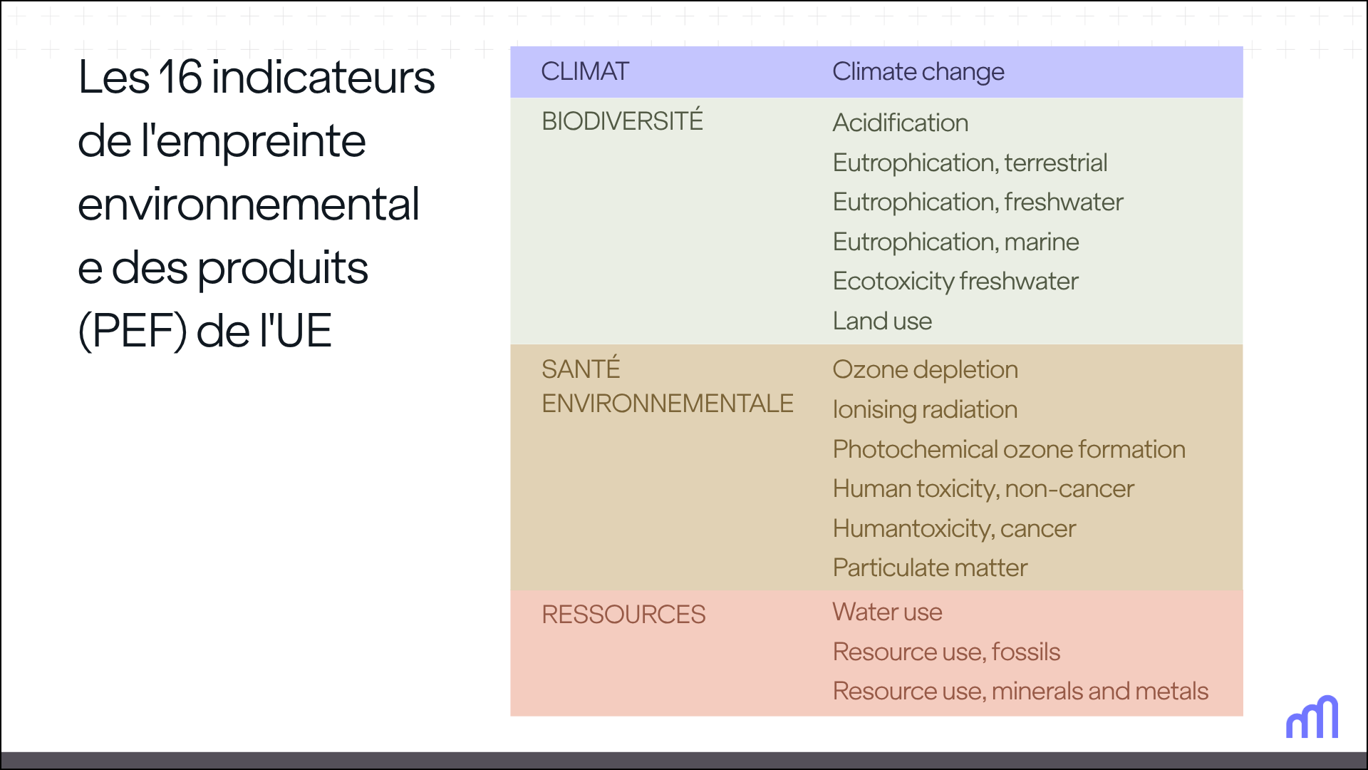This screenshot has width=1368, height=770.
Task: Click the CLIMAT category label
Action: pos(585,71)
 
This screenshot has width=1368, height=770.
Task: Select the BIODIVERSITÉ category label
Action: pos(622,121)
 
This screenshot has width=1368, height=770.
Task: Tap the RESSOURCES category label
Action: pos(623,615)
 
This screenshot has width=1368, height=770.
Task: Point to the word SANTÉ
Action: pos(581,369)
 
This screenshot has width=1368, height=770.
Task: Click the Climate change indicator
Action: pos(918,71)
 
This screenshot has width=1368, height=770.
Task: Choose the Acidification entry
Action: pos(900,123)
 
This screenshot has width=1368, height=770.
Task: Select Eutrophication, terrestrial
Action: pos(970,163)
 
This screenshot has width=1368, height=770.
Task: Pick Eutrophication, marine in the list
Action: pos(955,242)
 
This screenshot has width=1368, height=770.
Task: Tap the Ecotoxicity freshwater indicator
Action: pos(955,282)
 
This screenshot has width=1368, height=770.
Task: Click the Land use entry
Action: pos(882,321)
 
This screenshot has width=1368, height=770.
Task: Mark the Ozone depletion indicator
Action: pos(925,369)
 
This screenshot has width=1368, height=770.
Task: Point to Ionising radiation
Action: pos(925,410)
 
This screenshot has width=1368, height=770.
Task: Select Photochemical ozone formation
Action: pos(1009,449)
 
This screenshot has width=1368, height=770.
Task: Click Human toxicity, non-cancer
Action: pos(983,489)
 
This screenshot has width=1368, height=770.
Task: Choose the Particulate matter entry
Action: pos(930,568)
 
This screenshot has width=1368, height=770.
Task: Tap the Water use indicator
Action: pos(887,612)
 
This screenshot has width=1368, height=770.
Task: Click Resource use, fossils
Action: pos(946,652)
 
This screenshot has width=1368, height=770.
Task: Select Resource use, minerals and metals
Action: pos(1020,691)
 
